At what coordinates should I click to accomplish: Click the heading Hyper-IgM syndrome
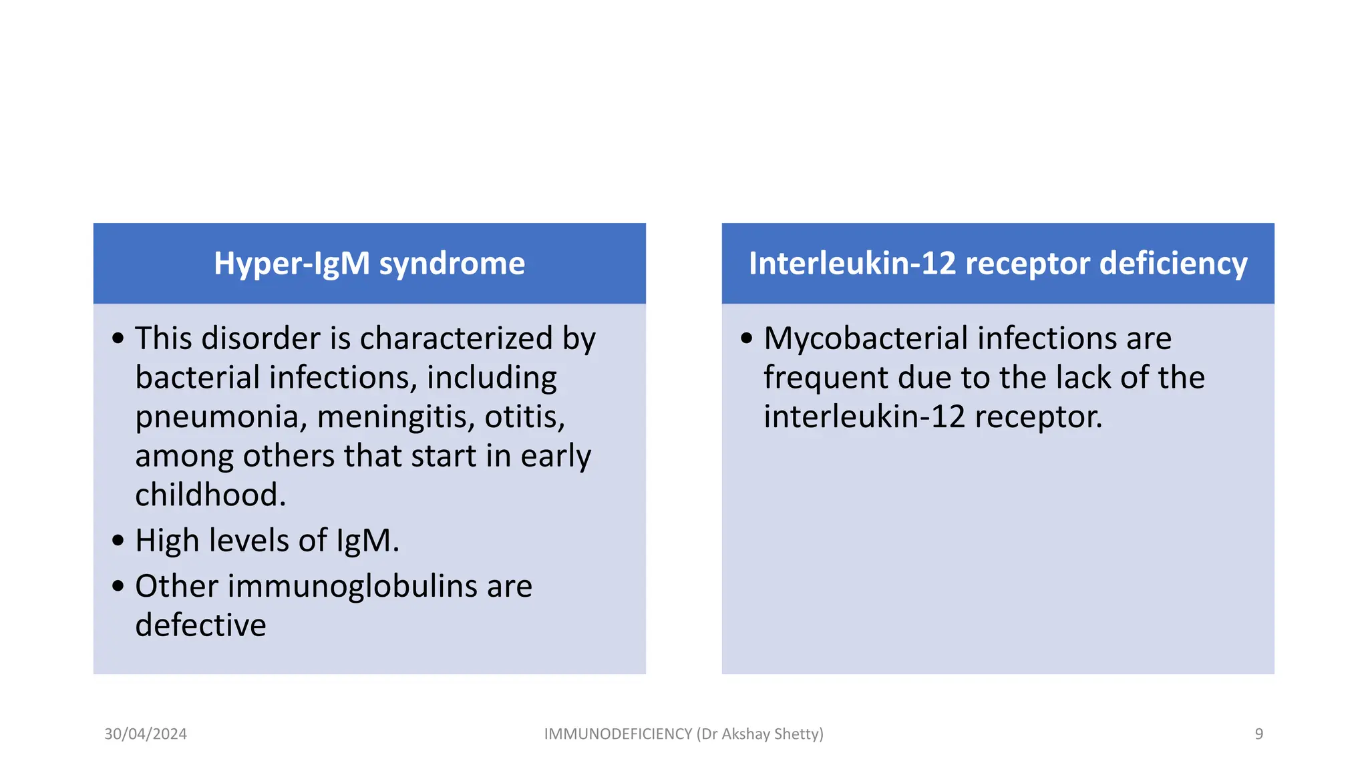pyautogui.click(x=369, y=264)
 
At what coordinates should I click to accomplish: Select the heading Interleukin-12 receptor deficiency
pyautogui.click(x=998, y=264)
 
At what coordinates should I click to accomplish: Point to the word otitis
pyautogui.click(x=524, y=418)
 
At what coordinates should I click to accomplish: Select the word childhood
pyautogui.click(x=210, y=495)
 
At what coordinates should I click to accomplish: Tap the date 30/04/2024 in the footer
pyautogui.click(x=146, y=734)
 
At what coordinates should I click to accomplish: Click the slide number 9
pyautogui.click(x=1258, y=734)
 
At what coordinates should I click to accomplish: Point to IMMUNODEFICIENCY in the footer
pyautogui.click(x=618, y=734)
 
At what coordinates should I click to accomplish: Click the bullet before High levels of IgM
pyautogui.click(x=118, y=540)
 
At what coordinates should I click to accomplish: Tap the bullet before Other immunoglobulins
pyautogui.click(x=118, y=586)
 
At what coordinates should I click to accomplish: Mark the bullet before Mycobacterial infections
pyautogui.click(x=747, y=338)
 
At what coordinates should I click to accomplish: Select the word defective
pyautogui.click(x=200, y=625)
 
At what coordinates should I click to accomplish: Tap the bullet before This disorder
pyautogui.click(x=118, y=338)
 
